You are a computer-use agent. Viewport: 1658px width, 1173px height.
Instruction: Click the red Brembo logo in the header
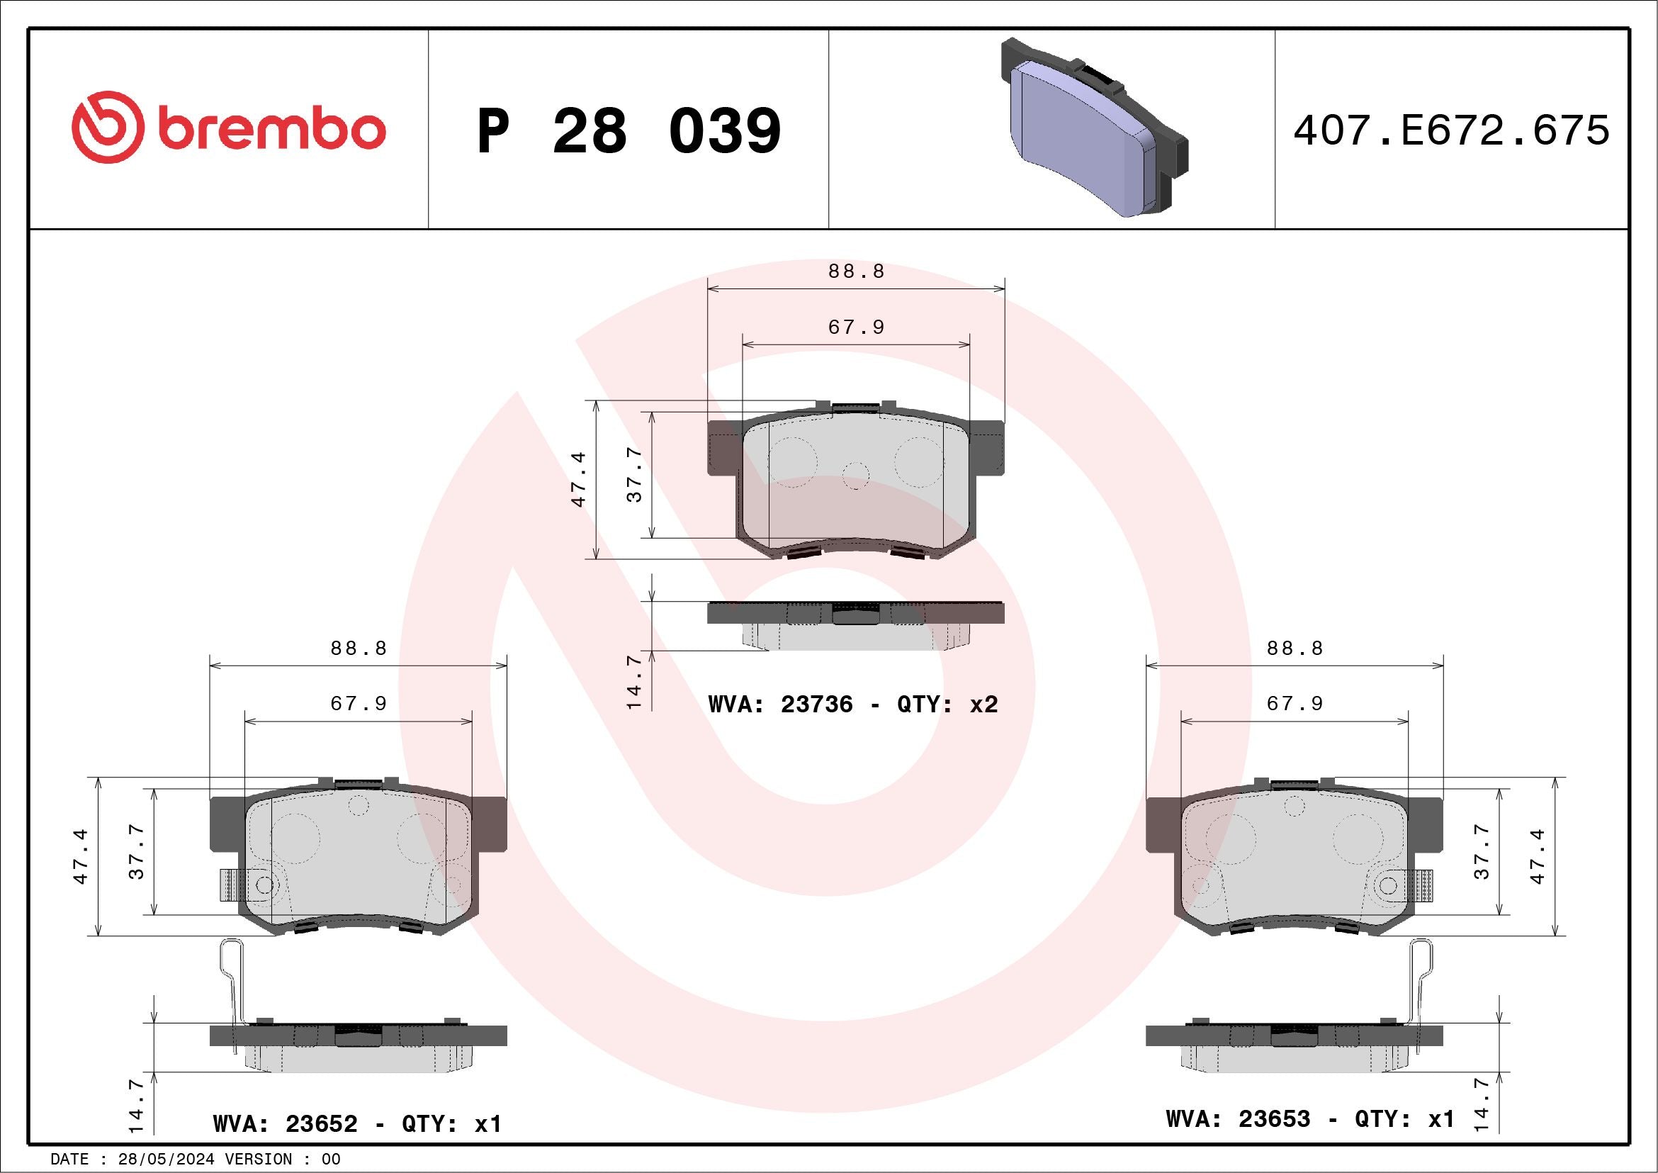[x=228, y=127]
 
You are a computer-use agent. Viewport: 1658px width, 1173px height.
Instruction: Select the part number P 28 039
[x=628, y=130]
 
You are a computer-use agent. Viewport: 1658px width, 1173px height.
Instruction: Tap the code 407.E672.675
[x=1452, y=130]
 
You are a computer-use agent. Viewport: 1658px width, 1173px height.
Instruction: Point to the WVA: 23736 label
[x=781, y=705]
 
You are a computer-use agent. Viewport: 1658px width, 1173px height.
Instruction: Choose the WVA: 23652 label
[x=286, y=1124]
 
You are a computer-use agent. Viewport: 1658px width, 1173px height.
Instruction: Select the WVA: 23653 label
[x=1238, y=1119]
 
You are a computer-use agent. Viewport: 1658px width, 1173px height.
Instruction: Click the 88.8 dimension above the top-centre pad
[x=857, y=271]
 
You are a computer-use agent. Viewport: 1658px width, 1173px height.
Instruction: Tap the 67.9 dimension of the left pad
[x=359, y=703]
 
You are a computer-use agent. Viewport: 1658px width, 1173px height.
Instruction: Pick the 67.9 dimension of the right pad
[x=1295, y=703]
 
